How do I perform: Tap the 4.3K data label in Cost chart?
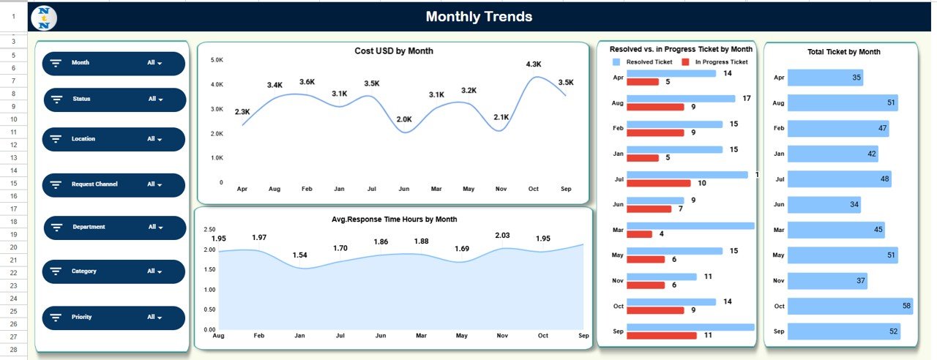click(x=534, y=64)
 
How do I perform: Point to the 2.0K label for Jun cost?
click(x=404, y=119)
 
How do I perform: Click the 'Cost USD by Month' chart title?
click(x=393, y=51)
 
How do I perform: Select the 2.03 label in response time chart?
click(x=502, y=235)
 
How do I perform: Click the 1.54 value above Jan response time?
click(x=299, y=255)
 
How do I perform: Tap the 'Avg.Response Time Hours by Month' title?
click(x=394, y=220)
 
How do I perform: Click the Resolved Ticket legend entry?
click(x=643, y=62)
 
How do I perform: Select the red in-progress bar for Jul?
click(x=658, y=183)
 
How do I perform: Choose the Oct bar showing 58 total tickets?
click(x=849, y=306)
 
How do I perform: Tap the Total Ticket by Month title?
click(x=843, y=52)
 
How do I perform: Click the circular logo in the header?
click(x=45, y=17)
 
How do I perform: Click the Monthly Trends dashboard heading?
click(x=479, y=17)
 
